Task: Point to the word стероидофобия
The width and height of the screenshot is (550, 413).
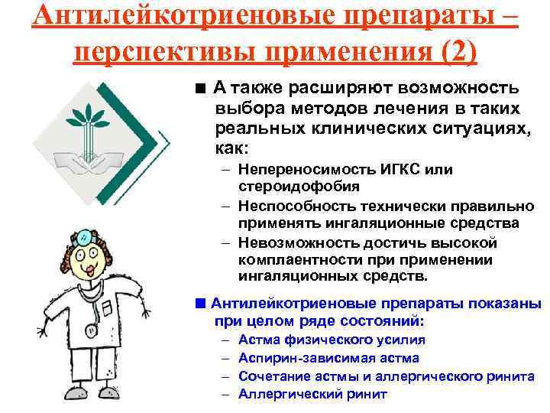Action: tap(289, 186)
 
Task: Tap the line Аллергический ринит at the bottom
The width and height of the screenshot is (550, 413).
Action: tap(312, 395)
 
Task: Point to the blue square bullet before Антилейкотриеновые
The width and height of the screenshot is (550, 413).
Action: tap(199, 302)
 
